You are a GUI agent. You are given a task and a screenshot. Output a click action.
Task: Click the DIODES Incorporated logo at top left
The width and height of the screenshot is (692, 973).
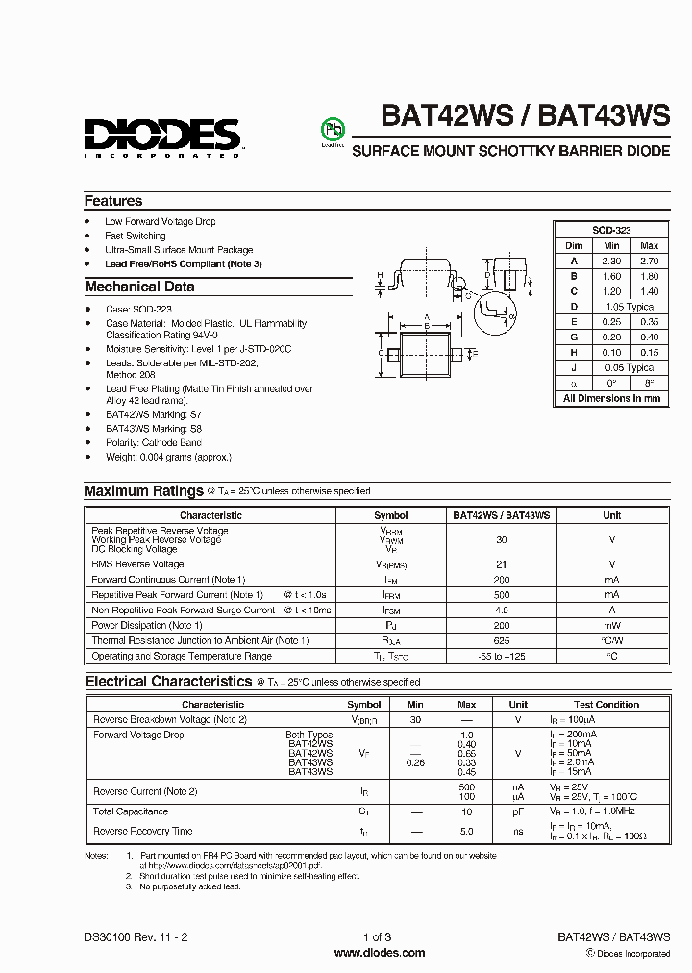(161, 137)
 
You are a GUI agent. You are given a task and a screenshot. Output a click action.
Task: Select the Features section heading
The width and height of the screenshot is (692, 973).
(113, 201)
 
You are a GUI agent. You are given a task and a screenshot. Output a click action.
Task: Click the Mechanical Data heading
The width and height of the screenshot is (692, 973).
(139, 287)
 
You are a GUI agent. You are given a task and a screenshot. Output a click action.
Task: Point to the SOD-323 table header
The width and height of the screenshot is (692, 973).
(611, 231)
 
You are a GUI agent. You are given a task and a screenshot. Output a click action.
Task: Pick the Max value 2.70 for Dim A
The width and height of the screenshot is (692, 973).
(649, 261)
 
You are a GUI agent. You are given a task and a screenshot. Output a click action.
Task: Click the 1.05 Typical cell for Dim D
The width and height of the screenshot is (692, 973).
(630, 307)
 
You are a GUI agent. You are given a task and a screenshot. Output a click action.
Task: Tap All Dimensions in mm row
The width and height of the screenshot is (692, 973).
(611, 398)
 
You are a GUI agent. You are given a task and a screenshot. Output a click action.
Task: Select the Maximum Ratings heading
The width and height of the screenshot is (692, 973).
(144, 491)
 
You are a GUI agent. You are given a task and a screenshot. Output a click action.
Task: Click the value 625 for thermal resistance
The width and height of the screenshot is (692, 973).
(501, 640)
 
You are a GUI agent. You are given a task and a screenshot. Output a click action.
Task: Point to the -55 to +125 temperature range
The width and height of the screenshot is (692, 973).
(501, 656)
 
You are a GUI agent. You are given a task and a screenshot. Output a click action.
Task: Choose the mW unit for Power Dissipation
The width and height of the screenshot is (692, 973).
(611, 625)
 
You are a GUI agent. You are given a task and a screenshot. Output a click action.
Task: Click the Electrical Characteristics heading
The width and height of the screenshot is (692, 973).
(168, 682)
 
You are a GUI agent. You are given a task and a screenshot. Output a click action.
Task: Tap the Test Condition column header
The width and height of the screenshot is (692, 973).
(606, 704)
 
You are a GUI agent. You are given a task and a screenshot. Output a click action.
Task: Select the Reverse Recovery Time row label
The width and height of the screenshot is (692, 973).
(142, 831)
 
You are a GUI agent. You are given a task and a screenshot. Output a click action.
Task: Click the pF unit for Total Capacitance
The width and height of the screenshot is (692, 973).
(518, 811)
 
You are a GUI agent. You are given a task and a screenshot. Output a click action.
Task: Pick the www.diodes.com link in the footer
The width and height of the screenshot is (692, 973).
(379, 953)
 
